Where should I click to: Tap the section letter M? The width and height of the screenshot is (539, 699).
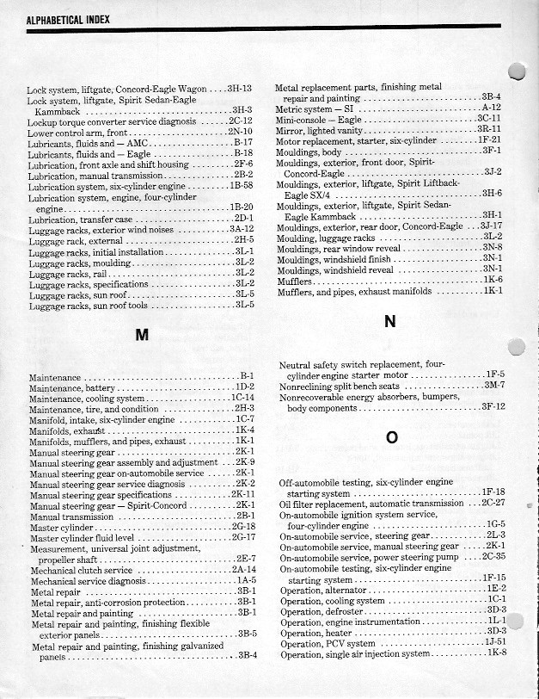pos(140,336)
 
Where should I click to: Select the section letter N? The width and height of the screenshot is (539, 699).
pos(389,321)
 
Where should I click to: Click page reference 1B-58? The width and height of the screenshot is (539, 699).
pos(241,185)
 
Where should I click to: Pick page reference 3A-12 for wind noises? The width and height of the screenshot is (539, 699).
pos(241,229)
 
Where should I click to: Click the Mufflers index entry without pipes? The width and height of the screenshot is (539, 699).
pos(293,281)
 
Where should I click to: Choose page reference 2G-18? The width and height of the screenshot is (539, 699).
pos(243,526)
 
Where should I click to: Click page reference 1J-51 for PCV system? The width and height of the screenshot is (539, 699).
pos(494,642)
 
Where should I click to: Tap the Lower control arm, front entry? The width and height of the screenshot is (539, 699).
pos(77,133)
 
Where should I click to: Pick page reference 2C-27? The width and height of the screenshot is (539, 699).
pos(493,503)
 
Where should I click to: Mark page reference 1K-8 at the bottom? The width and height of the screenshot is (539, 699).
pos(496,653)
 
